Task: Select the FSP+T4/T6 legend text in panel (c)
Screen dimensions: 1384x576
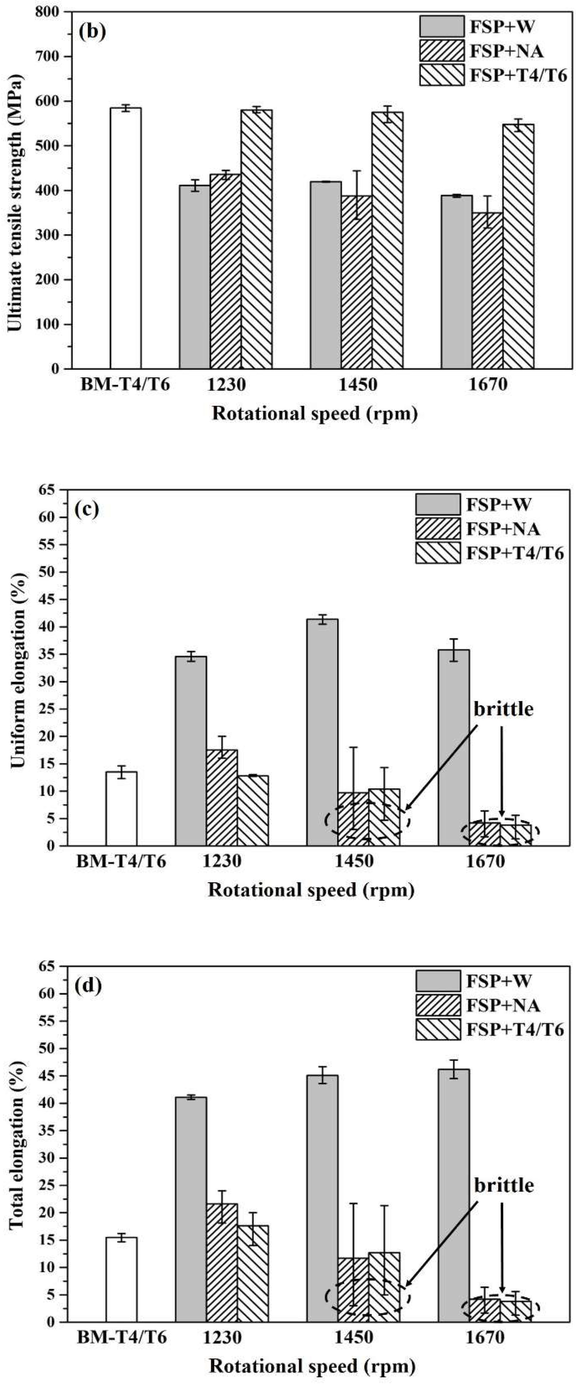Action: (x=515, y=553)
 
